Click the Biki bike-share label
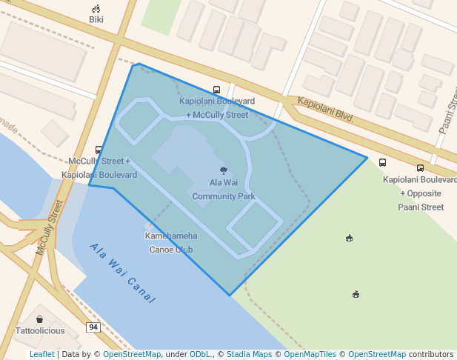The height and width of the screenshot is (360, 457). click(x=96, y=20)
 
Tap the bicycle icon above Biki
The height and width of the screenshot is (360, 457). click(x=96, y=9)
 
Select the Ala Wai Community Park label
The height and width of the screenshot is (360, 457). click(x=223, y=189)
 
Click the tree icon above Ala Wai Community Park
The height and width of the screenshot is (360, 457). click(x=224, y=170)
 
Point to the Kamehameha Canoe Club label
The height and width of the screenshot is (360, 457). click(x=171, y=242)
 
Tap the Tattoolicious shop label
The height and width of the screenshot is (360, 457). click(x=40, y=330)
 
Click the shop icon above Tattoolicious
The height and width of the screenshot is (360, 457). click(x=39, y=319)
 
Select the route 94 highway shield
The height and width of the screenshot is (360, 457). click(x=93, y=327)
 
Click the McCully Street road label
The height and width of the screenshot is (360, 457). click(x=50, y=227)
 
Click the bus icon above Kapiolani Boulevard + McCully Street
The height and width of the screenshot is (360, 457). click(x=216, y=90)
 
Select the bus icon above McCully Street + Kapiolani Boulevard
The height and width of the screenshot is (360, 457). click(x=99, y=150)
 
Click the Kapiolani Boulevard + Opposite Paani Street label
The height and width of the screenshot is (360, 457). click(x=420, y=193)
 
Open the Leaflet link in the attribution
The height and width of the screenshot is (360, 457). click(x=41, y=354)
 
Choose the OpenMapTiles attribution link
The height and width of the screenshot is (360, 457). click(x=307, y=354)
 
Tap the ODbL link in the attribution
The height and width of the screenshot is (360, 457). click(x=199, y=354)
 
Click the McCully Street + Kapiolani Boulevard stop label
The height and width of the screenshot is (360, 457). click(x=99, y=167)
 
